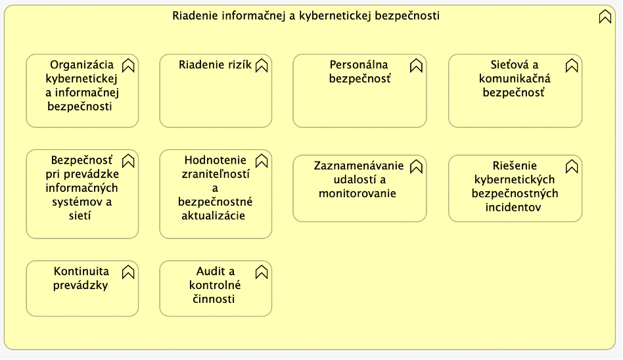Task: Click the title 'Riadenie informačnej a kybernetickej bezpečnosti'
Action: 306,16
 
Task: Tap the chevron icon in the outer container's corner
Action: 605,16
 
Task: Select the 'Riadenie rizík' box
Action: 216,91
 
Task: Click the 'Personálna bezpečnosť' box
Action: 359,91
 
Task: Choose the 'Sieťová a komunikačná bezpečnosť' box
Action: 515,91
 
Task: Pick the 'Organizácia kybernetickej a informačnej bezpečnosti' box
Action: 82,91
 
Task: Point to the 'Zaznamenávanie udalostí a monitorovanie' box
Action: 359,189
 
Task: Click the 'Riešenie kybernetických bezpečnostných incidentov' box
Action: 515,189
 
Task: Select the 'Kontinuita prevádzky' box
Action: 82,288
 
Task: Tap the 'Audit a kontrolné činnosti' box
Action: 216,288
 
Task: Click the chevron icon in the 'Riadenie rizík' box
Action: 262,66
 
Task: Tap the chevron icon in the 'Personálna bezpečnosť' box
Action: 416,66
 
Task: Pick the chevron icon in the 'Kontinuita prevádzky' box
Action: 128,272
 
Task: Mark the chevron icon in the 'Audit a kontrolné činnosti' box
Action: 262,272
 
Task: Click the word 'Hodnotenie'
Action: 216,160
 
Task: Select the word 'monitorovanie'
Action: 358,194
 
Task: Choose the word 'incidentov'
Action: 513,208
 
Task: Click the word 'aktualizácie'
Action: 214,215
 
